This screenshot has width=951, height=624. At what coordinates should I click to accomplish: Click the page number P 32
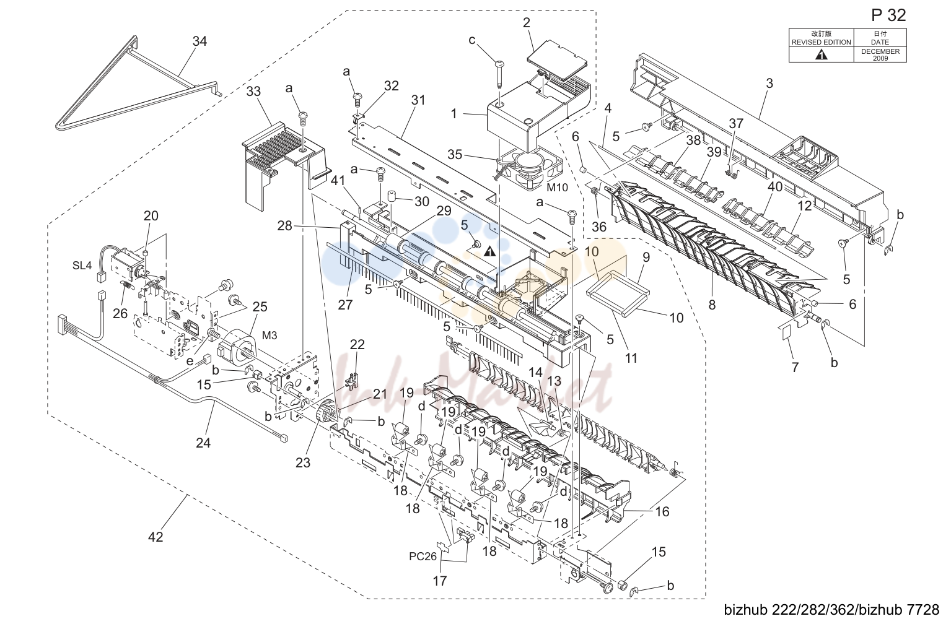pyautogui.click(x=888, y=15)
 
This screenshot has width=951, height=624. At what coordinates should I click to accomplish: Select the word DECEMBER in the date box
pyautogui.click(x=880, y=51)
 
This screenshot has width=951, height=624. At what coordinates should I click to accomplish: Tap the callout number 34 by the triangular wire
pyautogui.click(x=199, y=41)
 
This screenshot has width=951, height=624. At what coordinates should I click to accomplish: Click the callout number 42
pyautogui.click(x=156, y=537)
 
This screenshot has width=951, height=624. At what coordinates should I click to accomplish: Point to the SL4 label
pyautogui.click(x=82, y=266)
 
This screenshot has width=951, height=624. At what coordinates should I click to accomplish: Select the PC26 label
pyautogui.click(x=423, y=557)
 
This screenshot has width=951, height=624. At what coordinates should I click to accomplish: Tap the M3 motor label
pyautogui.click(x=269, y=336)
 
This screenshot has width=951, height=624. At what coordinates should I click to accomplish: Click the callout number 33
pyautogui.click(x=253, y=91)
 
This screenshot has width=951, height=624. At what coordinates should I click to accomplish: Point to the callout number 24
pyautogui.click(x=203, y=443)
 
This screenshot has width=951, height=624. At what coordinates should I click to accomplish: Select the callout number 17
pyautogui.click(x=440, y=581)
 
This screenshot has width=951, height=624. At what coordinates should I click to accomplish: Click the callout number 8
pyautogui.click(x=712, y=305)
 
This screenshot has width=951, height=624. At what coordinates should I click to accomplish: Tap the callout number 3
pyautogui.click(x=769, y=84)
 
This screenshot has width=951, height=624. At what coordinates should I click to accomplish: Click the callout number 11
pyautogui.click(x=631, y=358)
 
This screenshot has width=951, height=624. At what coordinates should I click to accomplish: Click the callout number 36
pyautogui.click(x=599, y=227)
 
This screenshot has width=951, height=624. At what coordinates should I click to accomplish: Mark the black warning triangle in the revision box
pyautogui.click(x=821, y=54)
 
